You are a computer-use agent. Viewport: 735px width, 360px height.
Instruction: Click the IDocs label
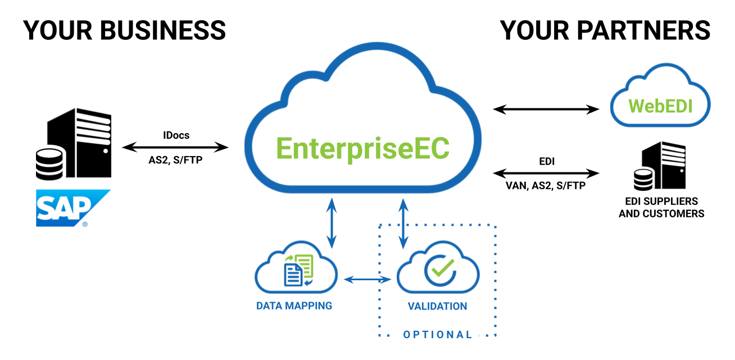pyautogui.click(x=175, y=135)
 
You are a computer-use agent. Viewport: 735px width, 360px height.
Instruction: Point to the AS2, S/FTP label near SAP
pyautogui.click(x=175, y=161)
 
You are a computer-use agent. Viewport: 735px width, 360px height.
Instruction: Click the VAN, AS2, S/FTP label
pyautogui.click(x=546, y=185)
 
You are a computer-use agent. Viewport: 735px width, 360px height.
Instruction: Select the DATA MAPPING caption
pyautogui.click(x=294, y=306)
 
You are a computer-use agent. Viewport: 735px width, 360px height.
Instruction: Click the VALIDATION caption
pyautogui.click(x=437, y=307)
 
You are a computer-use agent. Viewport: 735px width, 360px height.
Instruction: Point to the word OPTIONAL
pyautogui.click(x=438, y=335)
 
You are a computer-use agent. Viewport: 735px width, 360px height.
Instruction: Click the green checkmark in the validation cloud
pyautogui.click(x=439, y=270)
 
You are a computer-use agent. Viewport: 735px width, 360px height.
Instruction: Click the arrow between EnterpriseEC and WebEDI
pyautogui.click(x=546, y=109)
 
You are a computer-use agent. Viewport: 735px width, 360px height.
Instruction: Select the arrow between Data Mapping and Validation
pyautogui.click(x=367, y=279)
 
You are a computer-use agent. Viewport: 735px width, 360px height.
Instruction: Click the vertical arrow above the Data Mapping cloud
pyautogui.click(x=332, y=222)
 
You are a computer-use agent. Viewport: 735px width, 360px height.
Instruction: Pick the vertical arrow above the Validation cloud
pyautogui.click(x=403, y=222)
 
